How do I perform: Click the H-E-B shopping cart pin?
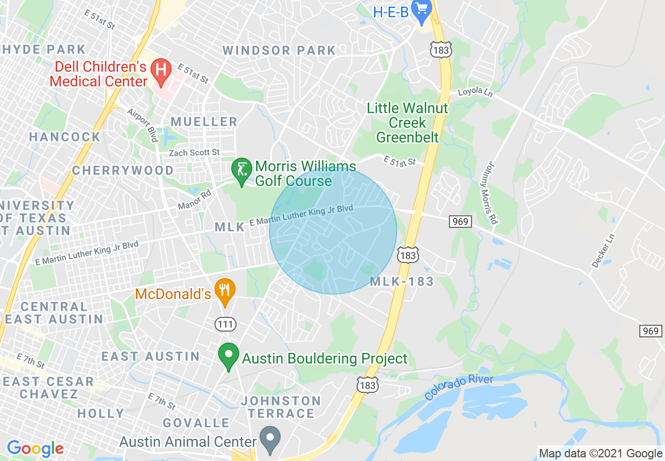422,10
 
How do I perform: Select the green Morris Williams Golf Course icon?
241,171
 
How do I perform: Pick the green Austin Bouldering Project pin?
228,356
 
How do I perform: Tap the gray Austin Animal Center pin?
270,439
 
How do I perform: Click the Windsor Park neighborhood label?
279,51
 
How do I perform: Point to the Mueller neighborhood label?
204,122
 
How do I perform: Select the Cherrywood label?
123,171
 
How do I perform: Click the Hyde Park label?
44,50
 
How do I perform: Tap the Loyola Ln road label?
475,93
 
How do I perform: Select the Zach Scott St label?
194,152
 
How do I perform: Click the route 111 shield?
226,324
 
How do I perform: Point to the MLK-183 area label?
402,282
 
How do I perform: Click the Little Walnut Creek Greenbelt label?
407,123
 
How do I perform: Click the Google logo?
35,448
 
